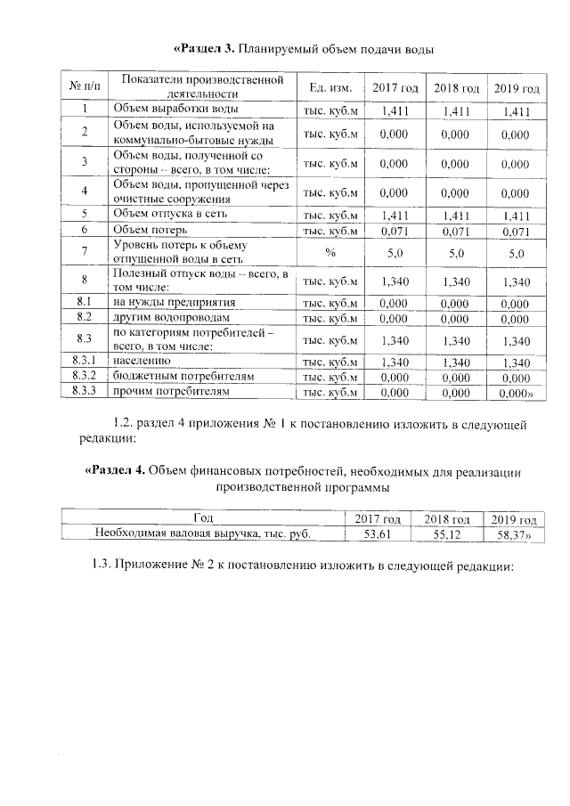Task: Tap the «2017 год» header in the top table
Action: pos(395,88)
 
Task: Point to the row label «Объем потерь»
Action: pos(150,231)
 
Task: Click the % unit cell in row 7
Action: pos(330,253)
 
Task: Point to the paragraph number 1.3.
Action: pos(105,567)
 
